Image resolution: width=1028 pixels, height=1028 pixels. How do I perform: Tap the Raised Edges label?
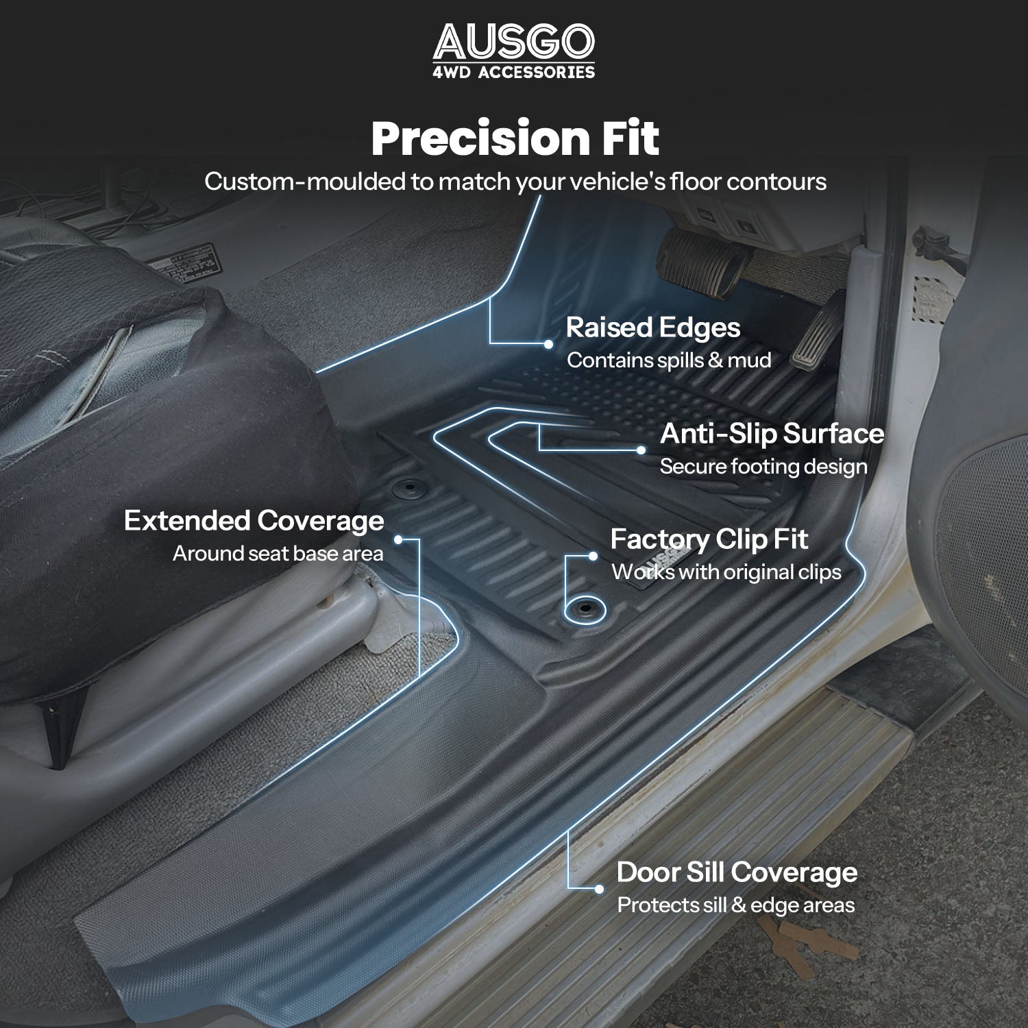pyautogui.click(x=652, y=328)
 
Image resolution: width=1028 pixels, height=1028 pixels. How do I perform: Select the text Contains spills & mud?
pyautogui.click(x=669, y=360)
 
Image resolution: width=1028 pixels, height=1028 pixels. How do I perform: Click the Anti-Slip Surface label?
pyautogui.click(x=772, y=433)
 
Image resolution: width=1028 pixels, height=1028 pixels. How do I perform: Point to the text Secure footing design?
pyautogui.click(x=763, y=467)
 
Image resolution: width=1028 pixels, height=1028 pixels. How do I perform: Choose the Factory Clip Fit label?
pyautogui.click(x=709, y=539)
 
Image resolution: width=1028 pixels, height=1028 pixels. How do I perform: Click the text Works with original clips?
pyautogui.click(x=726, y=572)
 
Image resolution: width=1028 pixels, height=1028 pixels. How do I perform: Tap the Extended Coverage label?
pyautogui.click(x=254, y=521)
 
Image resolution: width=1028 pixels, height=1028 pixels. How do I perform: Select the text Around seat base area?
pyautogui.click(x=278, y=553)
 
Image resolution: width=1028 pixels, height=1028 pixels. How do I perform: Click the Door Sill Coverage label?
pyautogui.click(x=737, y=872)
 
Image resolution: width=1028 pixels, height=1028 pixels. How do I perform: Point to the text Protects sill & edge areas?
pyautogui.click(x=736, y=905)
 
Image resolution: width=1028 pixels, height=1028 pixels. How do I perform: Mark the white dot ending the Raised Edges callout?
pyautogui.click(x=548, y=344)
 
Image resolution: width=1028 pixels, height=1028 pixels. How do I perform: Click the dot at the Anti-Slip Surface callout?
pyautogui.click(x=641, y=450)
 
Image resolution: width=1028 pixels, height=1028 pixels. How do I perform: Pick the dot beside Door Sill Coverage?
pyautogui.click(x=599, y=889)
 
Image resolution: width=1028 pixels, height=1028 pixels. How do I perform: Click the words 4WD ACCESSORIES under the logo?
pyautogui.click(x=514, y=72)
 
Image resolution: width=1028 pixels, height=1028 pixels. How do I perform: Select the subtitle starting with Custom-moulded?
pyautogui.click(x=515, y=182)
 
